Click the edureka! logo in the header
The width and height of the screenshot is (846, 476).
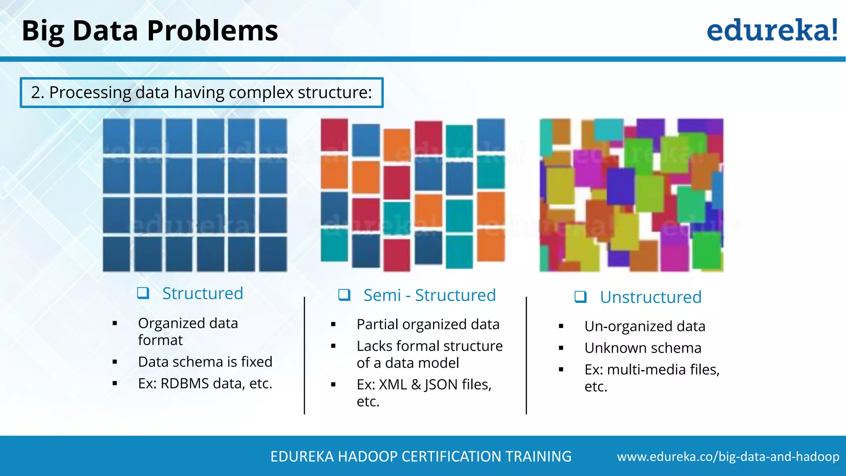pyautogui.click(x=772, y=30)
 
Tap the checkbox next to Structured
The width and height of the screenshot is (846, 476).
pyautogui.click(x=143, y=293)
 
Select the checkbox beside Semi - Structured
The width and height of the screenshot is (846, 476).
pyautogui.click(x=344, y=295)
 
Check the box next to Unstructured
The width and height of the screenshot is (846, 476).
pyautogui.click(x=580, y=297)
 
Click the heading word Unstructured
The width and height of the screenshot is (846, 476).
pyautogui.click(x=651, y=297)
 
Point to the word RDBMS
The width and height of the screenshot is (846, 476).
pyautogui.click(x=185, y=383)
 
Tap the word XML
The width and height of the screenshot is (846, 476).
pyautogui.click(x=393, y=385)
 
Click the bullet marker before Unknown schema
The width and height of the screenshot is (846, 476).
pyautogui.click(x=561, y=348)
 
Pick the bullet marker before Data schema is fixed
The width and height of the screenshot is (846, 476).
pyautogui.click(x=115, y=362)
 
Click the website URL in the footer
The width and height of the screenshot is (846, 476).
pyautogui.click(x=728, y=457)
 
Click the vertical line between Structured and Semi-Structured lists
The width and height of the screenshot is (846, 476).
pyautogui.click(x=304, y=355)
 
